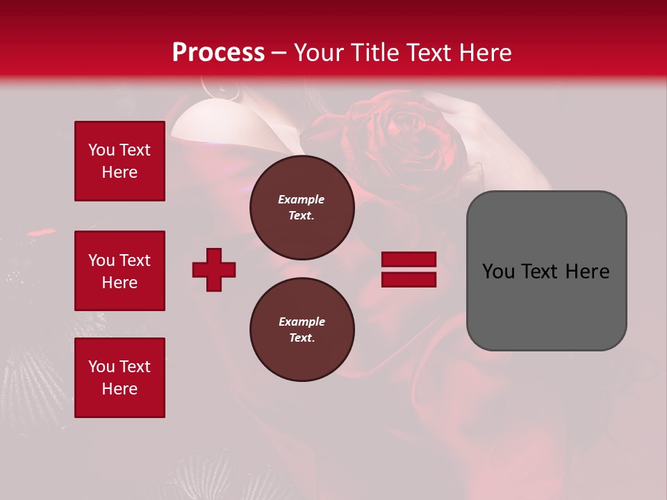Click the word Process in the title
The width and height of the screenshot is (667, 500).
click(x=218, y=53)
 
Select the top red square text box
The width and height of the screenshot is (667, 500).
click(x=120, y=161)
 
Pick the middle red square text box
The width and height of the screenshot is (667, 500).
click(x=120, y=271)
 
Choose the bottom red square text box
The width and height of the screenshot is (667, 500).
click(x=120, y=378)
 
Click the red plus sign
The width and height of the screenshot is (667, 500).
click(x=214, y=269)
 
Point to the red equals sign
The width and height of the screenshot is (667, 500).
click(x=409, y=269)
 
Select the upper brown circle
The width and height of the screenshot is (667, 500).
click(x=302, y=207)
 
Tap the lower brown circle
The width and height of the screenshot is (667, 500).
click(x=302, y=329)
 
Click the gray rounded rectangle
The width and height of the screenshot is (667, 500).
click(x=546, y=271)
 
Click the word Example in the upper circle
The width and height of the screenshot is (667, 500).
click(x=302, y=199)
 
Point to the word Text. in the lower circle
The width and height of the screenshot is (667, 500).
click(x=302, y=338)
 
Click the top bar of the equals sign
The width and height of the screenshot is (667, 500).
click(x=409, y=260)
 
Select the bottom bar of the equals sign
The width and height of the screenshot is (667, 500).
click(x=409, y=279)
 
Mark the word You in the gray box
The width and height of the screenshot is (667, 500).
click(x=498, y=272)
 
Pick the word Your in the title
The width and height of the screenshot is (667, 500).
click(x=320, y=53)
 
